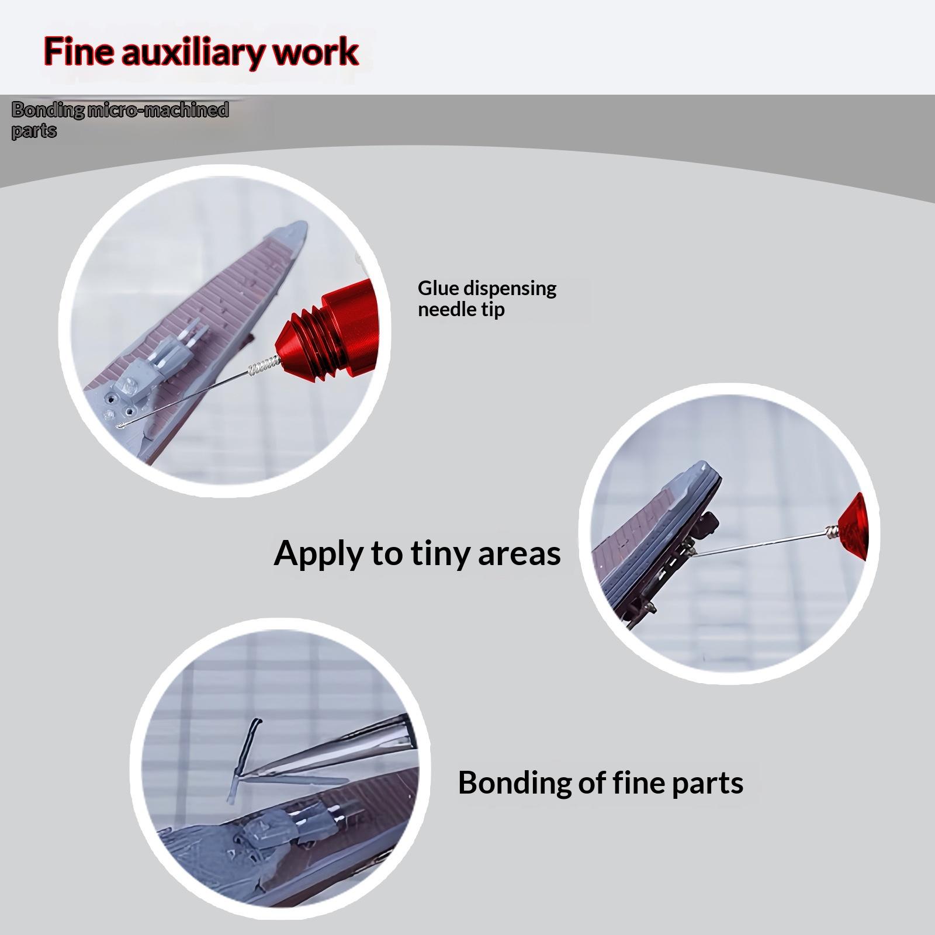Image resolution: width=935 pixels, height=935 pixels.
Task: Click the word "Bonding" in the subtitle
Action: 48,110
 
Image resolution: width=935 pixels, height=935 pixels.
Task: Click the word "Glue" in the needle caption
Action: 435,288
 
